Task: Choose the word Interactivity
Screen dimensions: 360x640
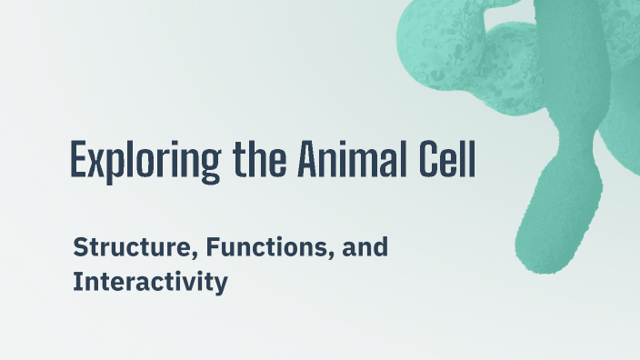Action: [x=149, y=282]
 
